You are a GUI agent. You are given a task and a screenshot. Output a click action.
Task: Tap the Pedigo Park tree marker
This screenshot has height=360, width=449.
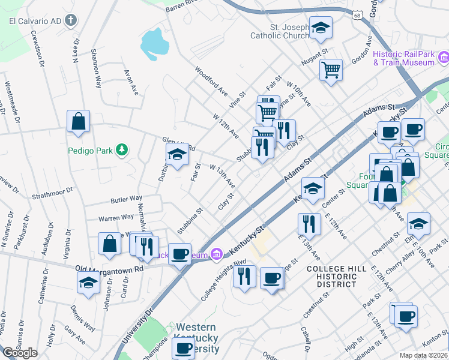[122, 149]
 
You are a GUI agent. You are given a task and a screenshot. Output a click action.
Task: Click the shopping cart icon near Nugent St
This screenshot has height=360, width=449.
[331, 70]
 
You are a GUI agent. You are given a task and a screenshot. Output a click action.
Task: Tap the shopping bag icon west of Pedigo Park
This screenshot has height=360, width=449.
[79, 121]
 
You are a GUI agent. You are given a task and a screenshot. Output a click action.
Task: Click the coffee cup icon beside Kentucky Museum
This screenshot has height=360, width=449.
[179, 254]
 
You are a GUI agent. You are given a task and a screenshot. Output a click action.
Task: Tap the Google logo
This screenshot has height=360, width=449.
[20, 353]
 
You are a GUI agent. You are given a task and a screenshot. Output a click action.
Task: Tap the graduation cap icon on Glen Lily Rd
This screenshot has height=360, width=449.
[177, 156]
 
